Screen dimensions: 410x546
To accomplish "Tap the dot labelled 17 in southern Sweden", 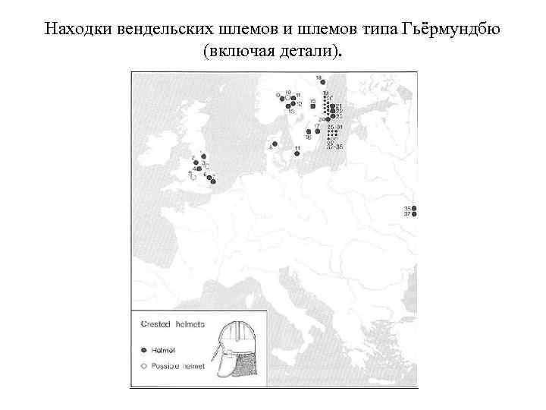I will [307, 131].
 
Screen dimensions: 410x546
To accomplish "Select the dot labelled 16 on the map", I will [298, 131].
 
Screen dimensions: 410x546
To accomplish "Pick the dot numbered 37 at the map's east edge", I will [414, 215].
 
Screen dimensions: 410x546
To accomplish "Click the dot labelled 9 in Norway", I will [280, 96].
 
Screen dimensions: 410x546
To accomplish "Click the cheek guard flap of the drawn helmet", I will [227, 366].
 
